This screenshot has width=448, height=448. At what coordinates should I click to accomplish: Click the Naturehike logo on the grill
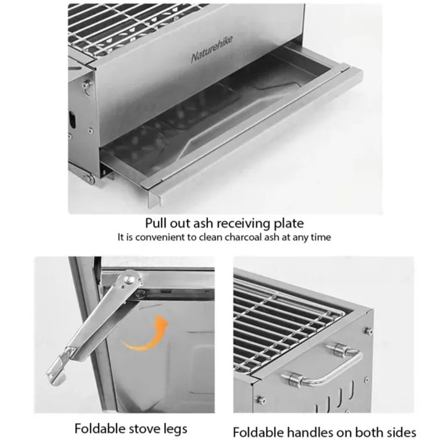coord(211,48)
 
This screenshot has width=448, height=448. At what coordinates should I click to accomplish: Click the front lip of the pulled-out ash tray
coord(254,134)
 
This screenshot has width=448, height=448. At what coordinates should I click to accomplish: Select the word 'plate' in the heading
coord(289,224)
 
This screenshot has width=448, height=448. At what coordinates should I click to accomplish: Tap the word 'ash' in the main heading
coord(202,223)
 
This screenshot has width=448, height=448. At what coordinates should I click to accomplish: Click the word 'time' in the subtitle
coord(321,237)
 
